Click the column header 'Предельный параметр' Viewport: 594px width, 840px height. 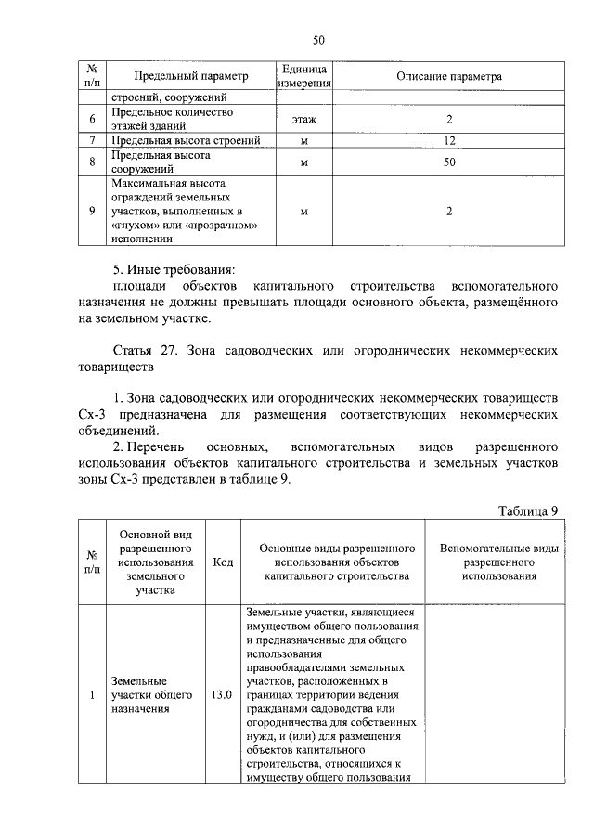pos(191,76)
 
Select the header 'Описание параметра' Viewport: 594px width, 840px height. pos(448,76)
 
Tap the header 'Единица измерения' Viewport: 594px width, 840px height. pos(304,76)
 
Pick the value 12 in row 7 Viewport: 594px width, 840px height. pos(448,140)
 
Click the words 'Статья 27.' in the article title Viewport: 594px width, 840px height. pos(148,353)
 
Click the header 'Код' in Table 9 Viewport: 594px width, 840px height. pos(223,562)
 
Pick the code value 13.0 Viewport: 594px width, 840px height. pos(222,694)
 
